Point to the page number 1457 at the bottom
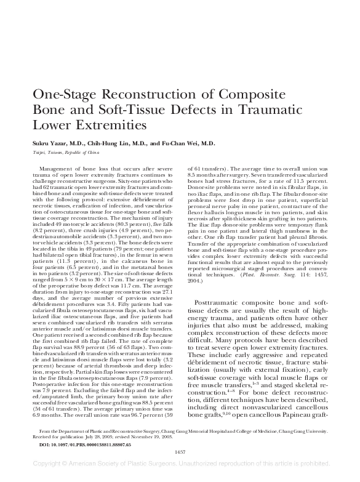(x=180, y=452)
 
